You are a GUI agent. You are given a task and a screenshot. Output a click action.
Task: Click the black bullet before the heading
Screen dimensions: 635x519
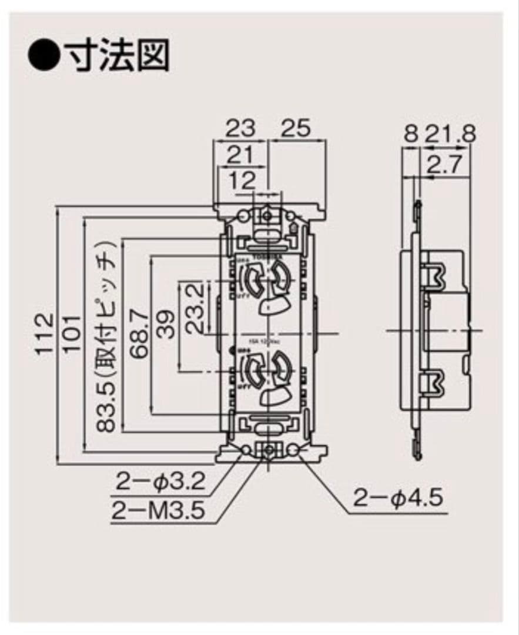click(43, 56)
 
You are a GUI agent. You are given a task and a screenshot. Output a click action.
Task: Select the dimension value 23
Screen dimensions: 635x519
click(241, 128)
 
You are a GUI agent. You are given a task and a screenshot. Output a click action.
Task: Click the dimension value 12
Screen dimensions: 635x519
click(242, 181)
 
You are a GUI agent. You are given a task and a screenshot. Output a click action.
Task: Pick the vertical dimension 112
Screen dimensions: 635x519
click(44, 335)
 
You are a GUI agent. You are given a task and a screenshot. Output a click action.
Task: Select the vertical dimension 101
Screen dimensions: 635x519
click(71, 333)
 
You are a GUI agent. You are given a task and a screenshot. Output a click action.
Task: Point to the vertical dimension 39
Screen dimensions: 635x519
click(167, 324)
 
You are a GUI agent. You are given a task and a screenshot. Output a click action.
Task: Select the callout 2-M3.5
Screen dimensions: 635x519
click(159, 510)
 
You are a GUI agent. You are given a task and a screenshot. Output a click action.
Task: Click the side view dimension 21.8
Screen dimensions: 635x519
click(450, 133)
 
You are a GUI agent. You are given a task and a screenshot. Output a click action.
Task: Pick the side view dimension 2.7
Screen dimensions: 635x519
click(448, 166)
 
